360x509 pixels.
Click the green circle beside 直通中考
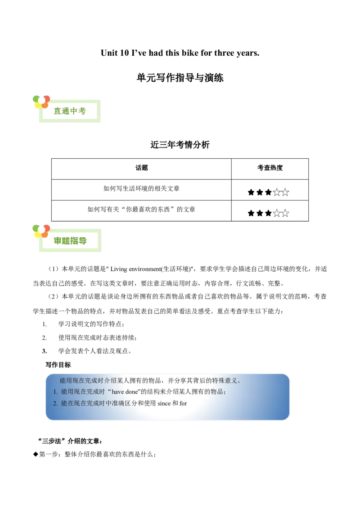click(x=36, y=98)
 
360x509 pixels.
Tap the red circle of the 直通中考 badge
click(x=46, y=98)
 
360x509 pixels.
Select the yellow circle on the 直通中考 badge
click(x=38, y=106)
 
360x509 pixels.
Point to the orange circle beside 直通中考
click(x=45, y=106)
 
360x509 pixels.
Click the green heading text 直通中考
click(x=70, y=111)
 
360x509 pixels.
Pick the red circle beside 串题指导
click(x=46, y=228)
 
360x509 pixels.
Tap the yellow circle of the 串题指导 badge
click(x=38, y=234)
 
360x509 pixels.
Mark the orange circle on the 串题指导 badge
click(x=45, y=234)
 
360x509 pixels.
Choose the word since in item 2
click(x=164, y=403)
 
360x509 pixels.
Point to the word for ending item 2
click(x=183, y=403)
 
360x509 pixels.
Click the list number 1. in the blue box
click(x=55, y=392)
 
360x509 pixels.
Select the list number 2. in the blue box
click(x=55, y=403)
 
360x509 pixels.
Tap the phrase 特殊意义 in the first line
click(x=224, y=380)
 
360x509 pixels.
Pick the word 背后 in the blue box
click(x=197, y=380)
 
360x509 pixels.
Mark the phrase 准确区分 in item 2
click(x=123, y=403)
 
